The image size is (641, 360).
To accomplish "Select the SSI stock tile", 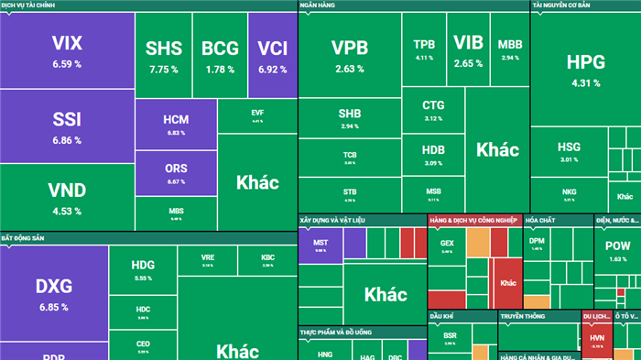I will (67, 128).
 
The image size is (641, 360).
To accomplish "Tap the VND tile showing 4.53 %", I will (67, 198).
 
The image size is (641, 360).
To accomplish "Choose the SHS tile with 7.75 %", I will (163, 56).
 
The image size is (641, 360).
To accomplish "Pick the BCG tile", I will (220, 56).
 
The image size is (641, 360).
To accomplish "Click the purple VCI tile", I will (272, 56).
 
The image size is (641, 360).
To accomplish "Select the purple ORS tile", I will (176, 173).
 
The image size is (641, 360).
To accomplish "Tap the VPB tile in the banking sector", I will (349, 56).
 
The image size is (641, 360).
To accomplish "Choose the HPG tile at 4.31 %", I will (585, 70).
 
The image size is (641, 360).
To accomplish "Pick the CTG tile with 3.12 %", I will (433, 110).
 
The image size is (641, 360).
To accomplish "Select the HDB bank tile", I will (433, 154).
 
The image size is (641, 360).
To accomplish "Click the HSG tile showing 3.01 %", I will (569, 151).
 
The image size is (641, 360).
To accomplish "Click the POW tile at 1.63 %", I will (617, 251).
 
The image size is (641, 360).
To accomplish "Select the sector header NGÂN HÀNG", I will (320, 5).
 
